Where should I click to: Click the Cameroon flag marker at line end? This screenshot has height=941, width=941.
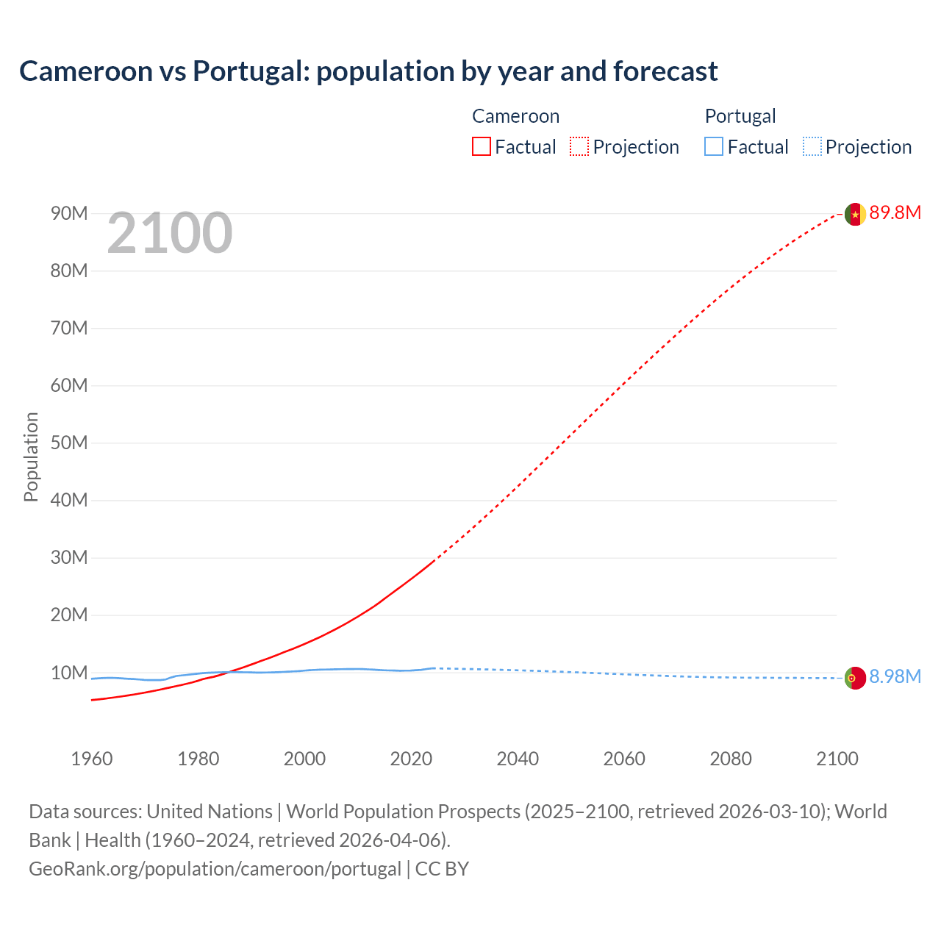pyautogui.click(x=855, y=214)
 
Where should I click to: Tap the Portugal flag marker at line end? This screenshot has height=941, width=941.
pyautogui.click(x=855, y=678)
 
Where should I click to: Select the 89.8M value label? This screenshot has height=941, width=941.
pyautogui.click(x=895, y=213)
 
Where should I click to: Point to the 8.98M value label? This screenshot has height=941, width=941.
pyautogui.click(x=895, y=677)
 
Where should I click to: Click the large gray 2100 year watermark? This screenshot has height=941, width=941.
pyautogui.click(x=170, y=234)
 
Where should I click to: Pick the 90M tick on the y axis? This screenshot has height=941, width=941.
pyautogui.click(x=69, y=214)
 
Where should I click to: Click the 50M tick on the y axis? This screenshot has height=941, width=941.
pyautogui.click(x=69, y=443)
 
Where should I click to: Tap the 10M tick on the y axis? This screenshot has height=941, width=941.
pyautogui.click(x=69, y=673)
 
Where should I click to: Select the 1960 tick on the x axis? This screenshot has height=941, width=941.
pyautogui.click(x=92, y=759)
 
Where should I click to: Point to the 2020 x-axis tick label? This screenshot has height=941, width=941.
pyautogui.click(x=411, y=759)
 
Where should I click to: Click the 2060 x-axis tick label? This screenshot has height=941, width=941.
pyautogui.click(x=624, y=759)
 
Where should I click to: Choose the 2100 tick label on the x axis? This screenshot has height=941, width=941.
pyautogui.click(x=837, y=759)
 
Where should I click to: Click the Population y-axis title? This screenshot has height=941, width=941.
pyautogui.click(x=31, y=457)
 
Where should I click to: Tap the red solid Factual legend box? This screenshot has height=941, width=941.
pyautogui.click(x=481, y=147)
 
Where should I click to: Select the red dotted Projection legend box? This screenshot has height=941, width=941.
pyautogui.click(x=579, y=147)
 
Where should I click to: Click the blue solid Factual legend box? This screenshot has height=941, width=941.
pyautogui.click(x=714, y=147)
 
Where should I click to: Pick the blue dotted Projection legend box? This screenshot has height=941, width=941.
pyautogui.click(x=812, y=147)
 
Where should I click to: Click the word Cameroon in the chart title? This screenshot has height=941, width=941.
pyautogui.click(x=85, y=71)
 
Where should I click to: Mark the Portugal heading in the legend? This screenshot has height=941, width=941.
pyautogui.click(x=740, y=116)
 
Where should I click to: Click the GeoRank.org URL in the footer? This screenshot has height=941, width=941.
pyautogui.click(x=215, y=869)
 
